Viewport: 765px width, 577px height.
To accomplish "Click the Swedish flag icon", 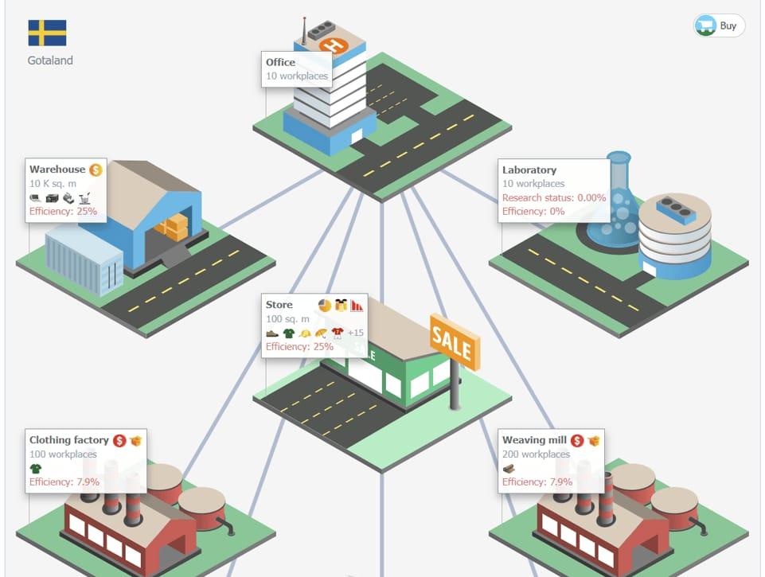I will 47,33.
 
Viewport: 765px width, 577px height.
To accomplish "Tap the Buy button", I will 719,25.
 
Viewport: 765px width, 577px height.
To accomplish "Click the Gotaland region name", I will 50,60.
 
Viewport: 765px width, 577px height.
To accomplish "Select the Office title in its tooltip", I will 280,62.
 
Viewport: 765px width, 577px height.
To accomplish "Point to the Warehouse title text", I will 57,170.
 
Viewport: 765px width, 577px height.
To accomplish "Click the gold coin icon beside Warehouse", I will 96,170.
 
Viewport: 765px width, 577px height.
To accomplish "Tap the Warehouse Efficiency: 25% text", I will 63,212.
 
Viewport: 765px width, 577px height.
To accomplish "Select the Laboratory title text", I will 529,170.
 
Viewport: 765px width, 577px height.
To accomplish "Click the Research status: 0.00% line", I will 554,197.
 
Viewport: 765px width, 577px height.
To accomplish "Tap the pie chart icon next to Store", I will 324,305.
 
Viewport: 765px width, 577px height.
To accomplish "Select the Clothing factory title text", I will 68,440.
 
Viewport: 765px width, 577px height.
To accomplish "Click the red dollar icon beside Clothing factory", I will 119,440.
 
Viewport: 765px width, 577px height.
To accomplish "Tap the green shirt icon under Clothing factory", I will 36,468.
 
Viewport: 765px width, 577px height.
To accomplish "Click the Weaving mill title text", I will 534,440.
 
